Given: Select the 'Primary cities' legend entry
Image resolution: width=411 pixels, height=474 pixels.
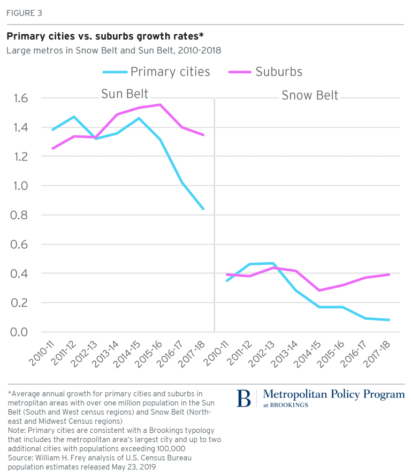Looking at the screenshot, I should click(x=170, y=72).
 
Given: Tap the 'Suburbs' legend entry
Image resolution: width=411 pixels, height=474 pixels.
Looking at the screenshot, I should click(x=279, y=72).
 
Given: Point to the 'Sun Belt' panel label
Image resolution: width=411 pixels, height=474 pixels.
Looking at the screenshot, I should click(x=125, y=94).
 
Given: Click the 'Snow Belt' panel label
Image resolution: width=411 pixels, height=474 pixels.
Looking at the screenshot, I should click(x=310, y=95).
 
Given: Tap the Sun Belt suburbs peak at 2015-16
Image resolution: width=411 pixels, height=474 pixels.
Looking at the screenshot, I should click(x=159, y=104).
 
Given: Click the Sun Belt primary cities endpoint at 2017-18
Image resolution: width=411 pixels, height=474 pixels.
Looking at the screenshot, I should click(x=203, y=209).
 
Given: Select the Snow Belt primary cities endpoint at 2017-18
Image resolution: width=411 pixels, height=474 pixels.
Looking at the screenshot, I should click(x=389, y=320).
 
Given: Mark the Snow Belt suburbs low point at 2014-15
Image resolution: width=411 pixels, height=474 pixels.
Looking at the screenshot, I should click(x=320, y=290).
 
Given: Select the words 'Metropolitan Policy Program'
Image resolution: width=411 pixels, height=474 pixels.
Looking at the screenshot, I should click(x=334, y=394).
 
